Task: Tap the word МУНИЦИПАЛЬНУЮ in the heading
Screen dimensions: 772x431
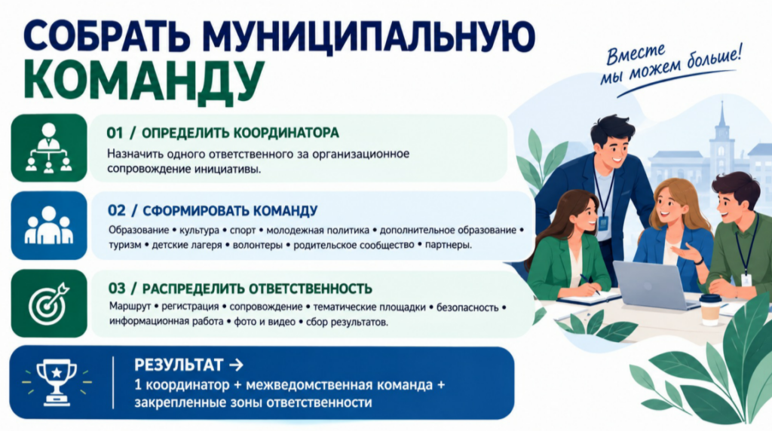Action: pyautogui.click(x=368, y=35)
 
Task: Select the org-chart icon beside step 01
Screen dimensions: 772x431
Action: pyautogui.click(x=49, y=148)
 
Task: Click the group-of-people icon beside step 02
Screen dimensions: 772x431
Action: pyautogui.click(x=49, y=225)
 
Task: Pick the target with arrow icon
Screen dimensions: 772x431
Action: pyautogui.click(x=49, y=304)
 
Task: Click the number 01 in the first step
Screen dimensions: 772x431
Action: pyautogui.click(x=115, y=133)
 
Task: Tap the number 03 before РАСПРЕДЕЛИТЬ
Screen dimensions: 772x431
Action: pyautogui.click(x=117, y=289)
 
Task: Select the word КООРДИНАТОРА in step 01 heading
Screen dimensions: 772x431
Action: pyautogui.click(x=286, y=133)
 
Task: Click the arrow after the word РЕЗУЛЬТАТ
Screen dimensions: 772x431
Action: pyautogui.click(x=236, y=365)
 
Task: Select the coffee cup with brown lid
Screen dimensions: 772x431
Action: pyautogui.click(x=710, y=310)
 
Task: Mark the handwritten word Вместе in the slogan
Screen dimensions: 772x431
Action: pyautogui.click(x=635, y=55)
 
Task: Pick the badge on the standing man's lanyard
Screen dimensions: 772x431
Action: pyautogui.click(x=604, y=223)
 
